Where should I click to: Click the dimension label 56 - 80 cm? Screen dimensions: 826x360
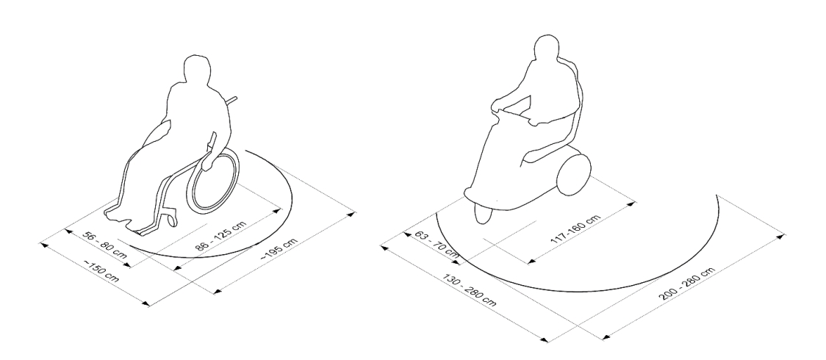pos(105,244)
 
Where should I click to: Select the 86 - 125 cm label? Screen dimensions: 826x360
pos(220,235)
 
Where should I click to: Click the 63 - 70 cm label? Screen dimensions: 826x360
pos(437,242)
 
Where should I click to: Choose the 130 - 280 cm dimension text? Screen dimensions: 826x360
pos(470,289)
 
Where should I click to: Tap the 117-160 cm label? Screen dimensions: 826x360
pos(575,229)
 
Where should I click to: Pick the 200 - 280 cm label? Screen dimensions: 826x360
pos(686,284)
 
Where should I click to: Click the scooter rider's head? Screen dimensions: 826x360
pos(546,48)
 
